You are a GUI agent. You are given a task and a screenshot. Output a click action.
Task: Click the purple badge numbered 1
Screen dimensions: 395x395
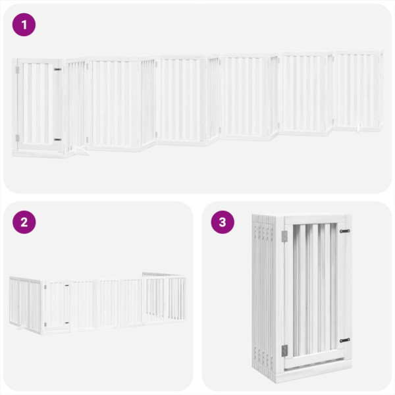click(x=24, y=25)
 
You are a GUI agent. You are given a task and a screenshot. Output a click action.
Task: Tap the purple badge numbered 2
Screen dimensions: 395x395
click(x=24, y=222)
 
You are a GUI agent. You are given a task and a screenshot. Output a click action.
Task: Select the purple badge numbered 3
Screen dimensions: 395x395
click(x=223, y=222)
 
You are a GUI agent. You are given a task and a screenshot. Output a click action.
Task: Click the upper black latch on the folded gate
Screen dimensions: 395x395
click(x=344, y=231)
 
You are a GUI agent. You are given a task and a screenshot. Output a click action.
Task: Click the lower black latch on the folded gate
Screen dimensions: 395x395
click(x=344, y=340)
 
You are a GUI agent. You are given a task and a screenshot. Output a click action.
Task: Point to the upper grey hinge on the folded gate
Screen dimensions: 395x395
click(x=284, y=236)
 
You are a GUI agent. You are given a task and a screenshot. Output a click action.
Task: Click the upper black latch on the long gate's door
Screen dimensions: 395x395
click(x=57, y=69)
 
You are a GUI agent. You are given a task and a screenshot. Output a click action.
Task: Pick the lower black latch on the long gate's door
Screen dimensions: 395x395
click(x=57, y=139)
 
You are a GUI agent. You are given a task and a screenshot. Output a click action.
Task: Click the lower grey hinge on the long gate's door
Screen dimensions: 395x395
click(x=18, y=138)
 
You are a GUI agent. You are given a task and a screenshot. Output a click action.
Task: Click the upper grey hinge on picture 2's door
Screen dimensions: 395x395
click(x=45, y=286)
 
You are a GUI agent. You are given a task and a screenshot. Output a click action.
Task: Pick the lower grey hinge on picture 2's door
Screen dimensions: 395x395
click(x=45, y=324)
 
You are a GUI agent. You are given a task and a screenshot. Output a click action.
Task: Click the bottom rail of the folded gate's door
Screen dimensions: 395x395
click(x=315, y=360)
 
